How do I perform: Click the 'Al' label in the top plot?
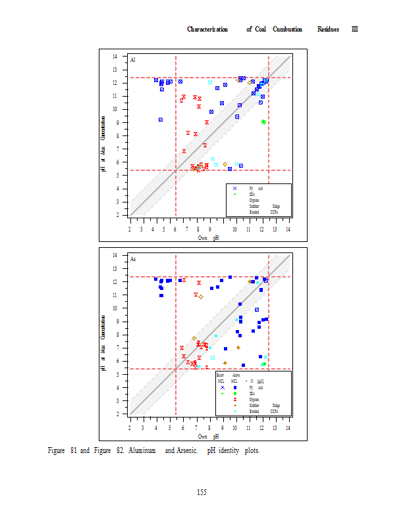coord(133,60)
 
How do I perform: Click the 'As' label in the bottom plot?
coord(133,259)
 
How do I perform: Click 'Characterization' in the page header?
coord(207,29)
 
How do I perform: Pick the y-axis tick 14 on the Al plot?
coord(116,57)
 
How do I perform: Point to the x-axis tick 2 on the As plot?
coord(130,428)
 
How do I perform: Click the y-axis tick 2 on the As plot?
coord(116,414)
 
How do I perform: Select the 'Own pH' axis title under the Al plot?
coord(208,238)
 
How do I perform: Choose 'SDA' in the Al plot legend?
coord(252,194)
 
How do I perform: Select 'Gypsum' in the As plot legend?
coord(254,400)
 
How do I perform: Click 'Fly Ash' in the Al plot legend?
coord(256,188)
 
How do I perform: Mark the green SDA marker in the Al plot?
coord(263,122)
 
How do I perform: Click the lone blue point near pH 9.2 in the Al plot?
coord(161,120)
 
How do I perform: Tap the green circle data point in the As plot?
coord(263,364)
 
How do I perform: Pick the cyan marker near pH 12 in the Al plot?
coord(210,82)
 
